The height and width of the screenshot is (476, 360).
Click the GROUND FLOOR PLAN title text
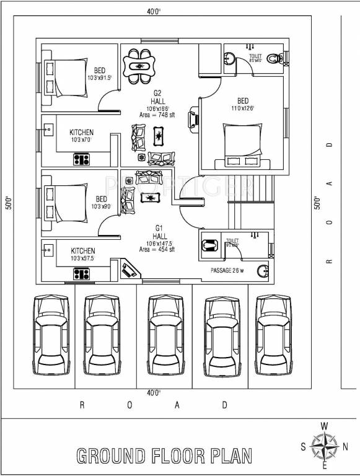click(164, 456)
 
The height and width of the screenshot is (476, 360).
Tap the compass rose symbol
click(323, 446)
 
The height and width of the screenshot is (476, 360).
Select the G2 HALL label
click(157, 97)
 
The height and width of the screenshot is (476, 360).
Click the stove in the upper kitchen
click(81, 159)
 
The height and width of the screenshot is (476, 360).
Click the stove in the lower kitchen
click(81, 273)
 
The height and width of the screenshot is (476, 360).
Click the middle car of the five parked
click(166, 335)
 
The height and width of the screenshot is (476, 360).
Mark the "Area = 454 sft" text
click(157, 249)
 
